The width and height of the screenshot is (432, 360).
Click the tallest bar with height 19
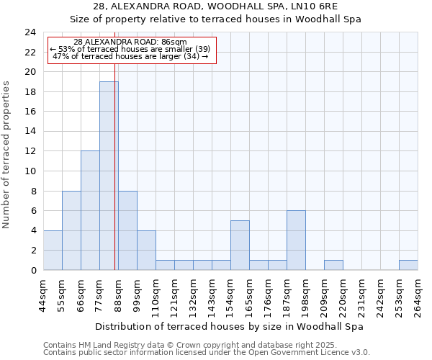coord(109,176)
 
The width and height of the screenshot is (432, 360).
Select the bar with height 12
coord(90,210)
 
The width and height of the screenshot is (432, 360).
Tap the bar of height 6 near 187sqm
coord(296,240)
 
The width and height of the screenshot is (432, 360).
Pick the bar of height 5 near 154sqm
coord(240,245)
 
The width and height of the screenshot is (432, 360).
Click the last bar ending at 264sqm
coord(408,265)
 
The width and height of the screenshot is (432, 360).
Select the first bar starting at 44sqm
coord(53,250)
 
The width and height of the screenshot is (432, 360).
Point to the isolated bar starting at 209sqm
coord(333,265)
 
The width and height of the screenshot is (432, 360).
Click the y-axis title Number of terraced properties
coord(6,154)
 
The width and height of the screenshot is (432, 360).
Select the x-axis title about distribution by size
coord(229,326)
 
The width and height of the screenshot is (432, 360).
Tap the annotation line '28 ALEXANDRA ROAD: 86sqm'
coord(130,42)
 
